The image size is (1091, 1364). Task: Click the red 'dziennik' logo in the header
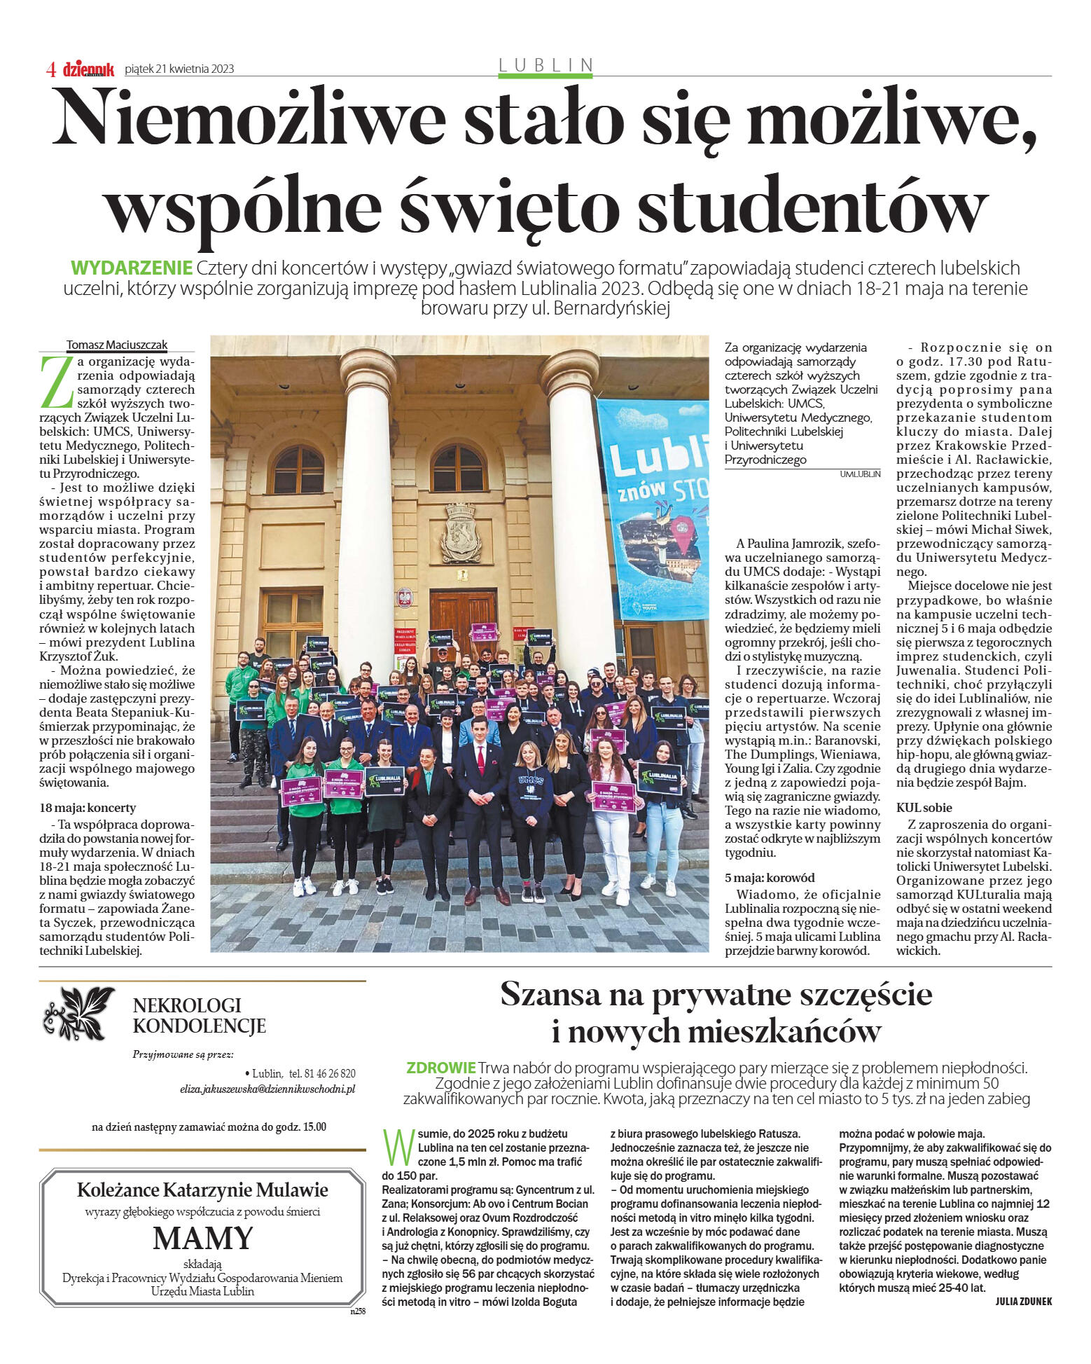[88, 69]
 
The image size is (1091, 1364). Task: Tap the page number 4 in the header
[50, 69]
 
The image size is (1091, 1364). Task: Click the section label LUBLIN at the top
[545, 65]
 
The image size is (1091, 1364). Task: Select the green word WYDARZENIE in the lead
[132, 268]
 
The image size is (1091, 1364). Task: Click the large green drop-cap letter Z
[56, 382]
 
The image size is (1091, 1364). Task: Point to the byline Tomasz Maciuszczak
[116, 345]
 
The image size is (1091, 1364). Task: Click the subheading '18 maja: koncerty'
[88, 808]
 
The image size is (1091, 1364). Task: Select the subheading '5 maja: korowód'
[770, 878]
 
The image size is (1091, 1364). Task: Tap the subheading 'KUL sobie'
[924, 808]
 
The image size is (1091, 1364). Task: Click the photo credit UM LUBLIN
[859, 474]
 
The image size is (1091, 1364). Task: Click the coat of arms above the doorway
[461, 532]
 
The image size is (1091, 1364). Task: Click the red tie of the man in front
[480, 758]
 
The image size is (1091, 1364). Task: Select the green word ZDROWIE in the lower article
[440, 1068]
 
